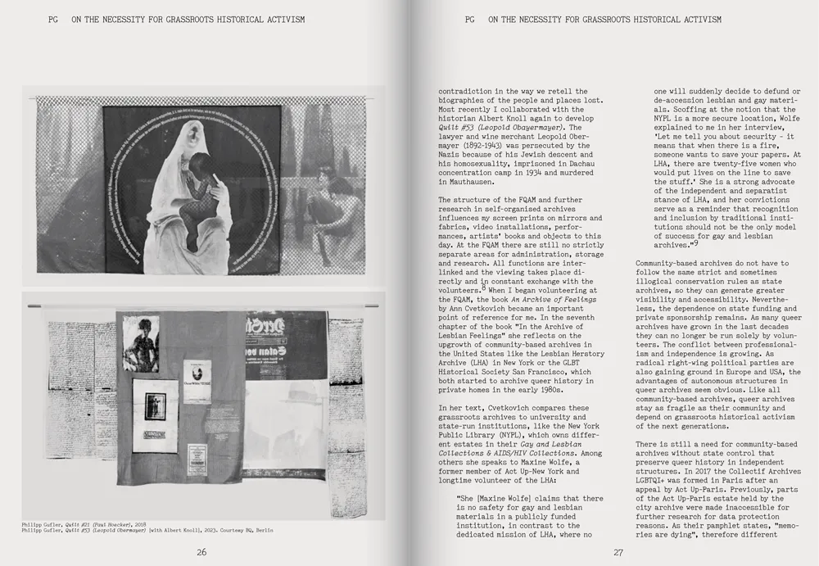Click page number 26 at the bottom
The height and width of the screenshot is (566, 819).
point(201,552)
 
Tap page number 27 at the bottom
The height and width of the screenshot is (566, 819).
point(618,552)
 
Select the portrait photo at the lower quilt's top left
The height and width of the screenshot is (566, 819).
point(140,344)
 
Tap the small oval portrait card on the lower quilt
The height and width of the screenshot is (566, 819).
point(197,381)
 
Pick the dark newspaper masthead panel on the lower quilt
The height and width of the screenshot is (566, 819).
point(285,344)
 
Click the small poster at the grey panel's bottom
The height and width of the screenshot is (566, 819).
point(197,460)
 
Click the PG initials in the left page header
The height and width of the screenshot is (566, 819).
point(54,19)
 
